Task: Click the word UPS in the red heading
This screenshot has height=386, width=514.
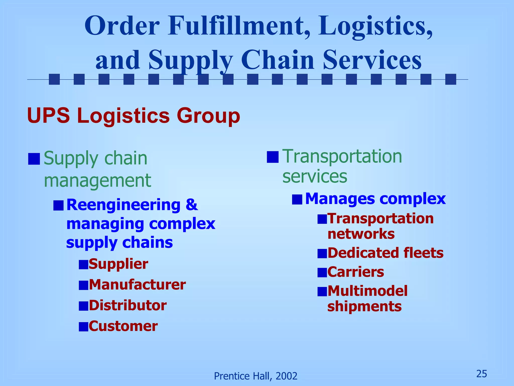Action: click(x=48, y=116)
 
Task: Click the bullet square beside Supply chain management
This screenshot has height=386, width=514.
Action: click(x=34, y=159)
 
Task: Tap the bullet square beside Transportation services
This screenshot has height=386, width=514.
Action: click(x=273, y=157)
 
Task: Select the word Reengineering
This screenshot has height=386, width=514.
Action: click(x=123, y=205)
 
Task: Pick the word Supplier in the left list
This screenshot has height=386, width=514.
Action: click(x=118, y=264)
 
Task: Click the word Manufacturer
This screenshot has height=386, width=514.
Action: click(x=137, y=285)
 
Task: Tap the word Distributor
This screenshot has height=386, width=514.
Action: click(x=127, y=306)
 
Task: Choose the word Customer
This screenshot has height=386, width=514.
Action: click(x=123, y=326)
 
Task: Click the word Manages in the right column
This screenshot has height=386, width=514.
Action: click(x=340, y=199)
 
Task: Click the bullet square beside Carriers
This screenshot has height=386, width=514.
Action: click(x=322, y=272)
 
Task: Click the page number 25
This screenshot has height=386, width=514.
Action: click(x=482, y=374)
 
